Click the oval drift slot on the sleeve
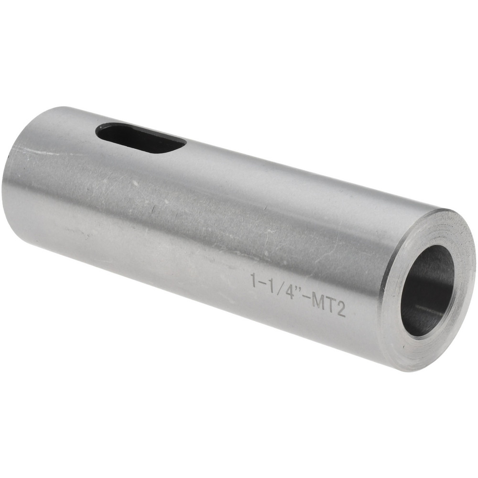click(x=141, y=138)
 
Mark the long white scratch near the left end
click(x=33, y=152)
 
